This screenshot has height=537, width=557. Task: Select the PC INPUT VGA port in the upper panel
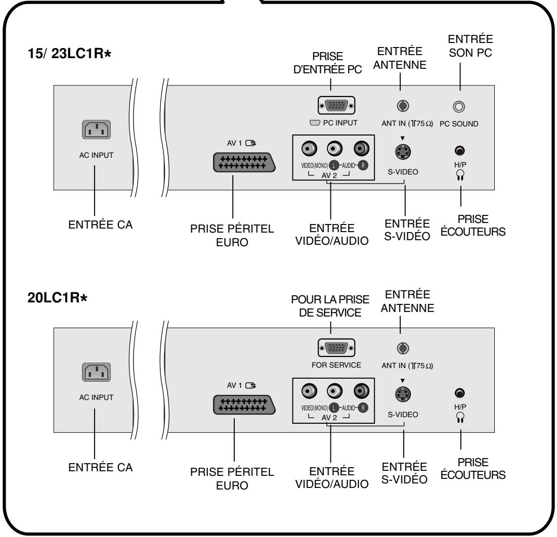pos(336,106)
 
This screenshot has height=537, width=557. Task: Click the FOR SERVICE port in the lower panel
pos(336,348)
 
